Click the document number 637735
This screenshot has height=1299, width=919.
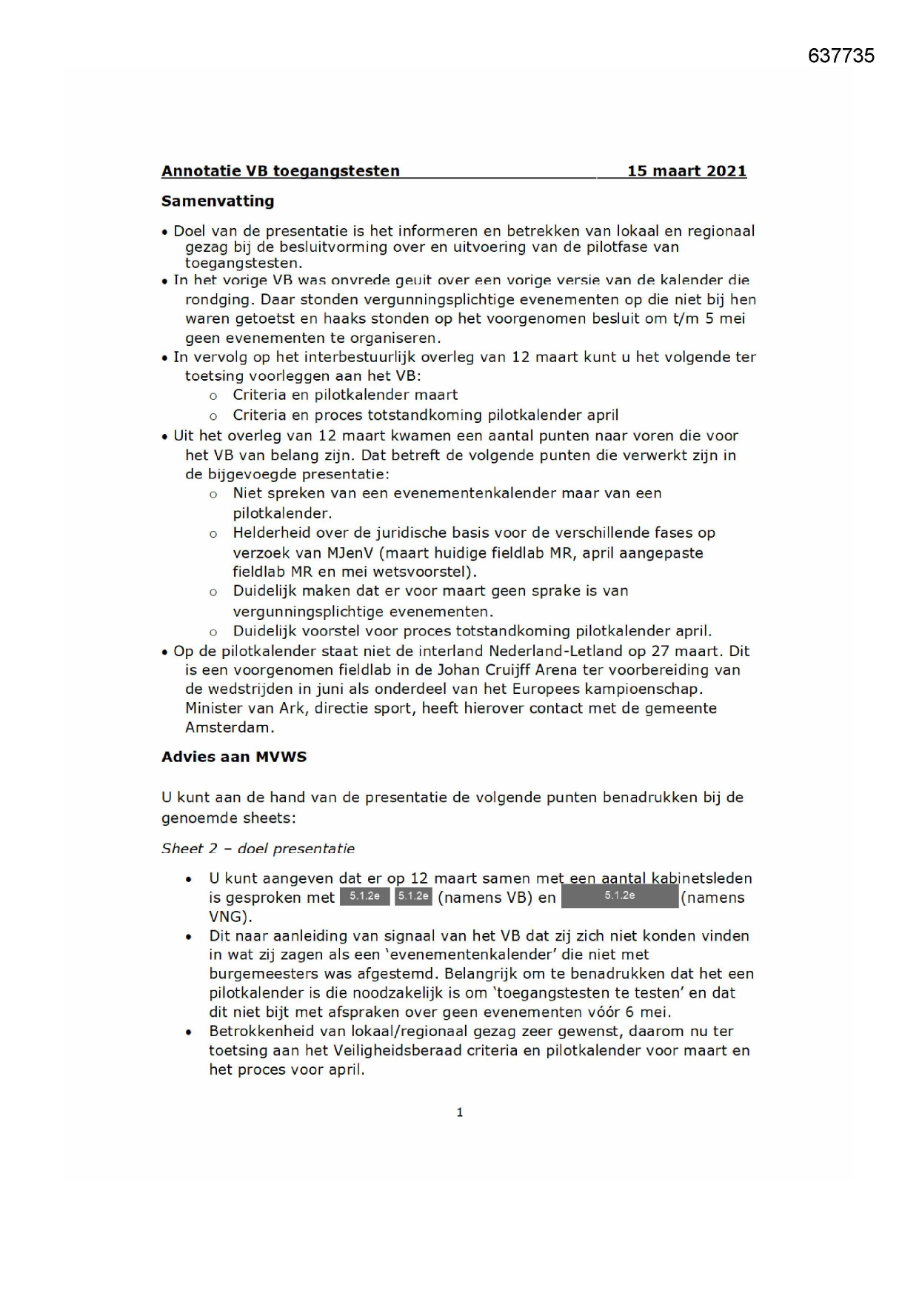click(x=841, y=56)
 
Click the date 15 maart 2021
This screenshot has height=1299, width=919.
click(x=686, y=171)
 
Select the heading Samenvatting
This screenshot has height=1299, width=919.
click(x=218, y=201)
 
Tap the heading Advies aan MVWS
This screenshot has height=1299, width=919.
click(x=234, y=757)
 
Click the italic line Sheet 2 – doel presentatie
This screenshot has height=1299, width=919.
click(x=258, y=849)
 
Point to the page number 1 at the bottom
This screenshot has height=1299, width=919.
click(x=460, y=1112)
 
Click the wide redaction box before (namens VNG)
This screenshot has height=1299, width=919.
click(x=619, y=896)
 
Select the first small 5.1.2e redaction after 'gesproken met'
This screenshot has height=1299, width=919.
click(x=364, y=896)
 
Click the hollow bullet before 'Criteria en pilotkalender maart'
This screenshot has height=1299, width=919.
click(x=213, y=396)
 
